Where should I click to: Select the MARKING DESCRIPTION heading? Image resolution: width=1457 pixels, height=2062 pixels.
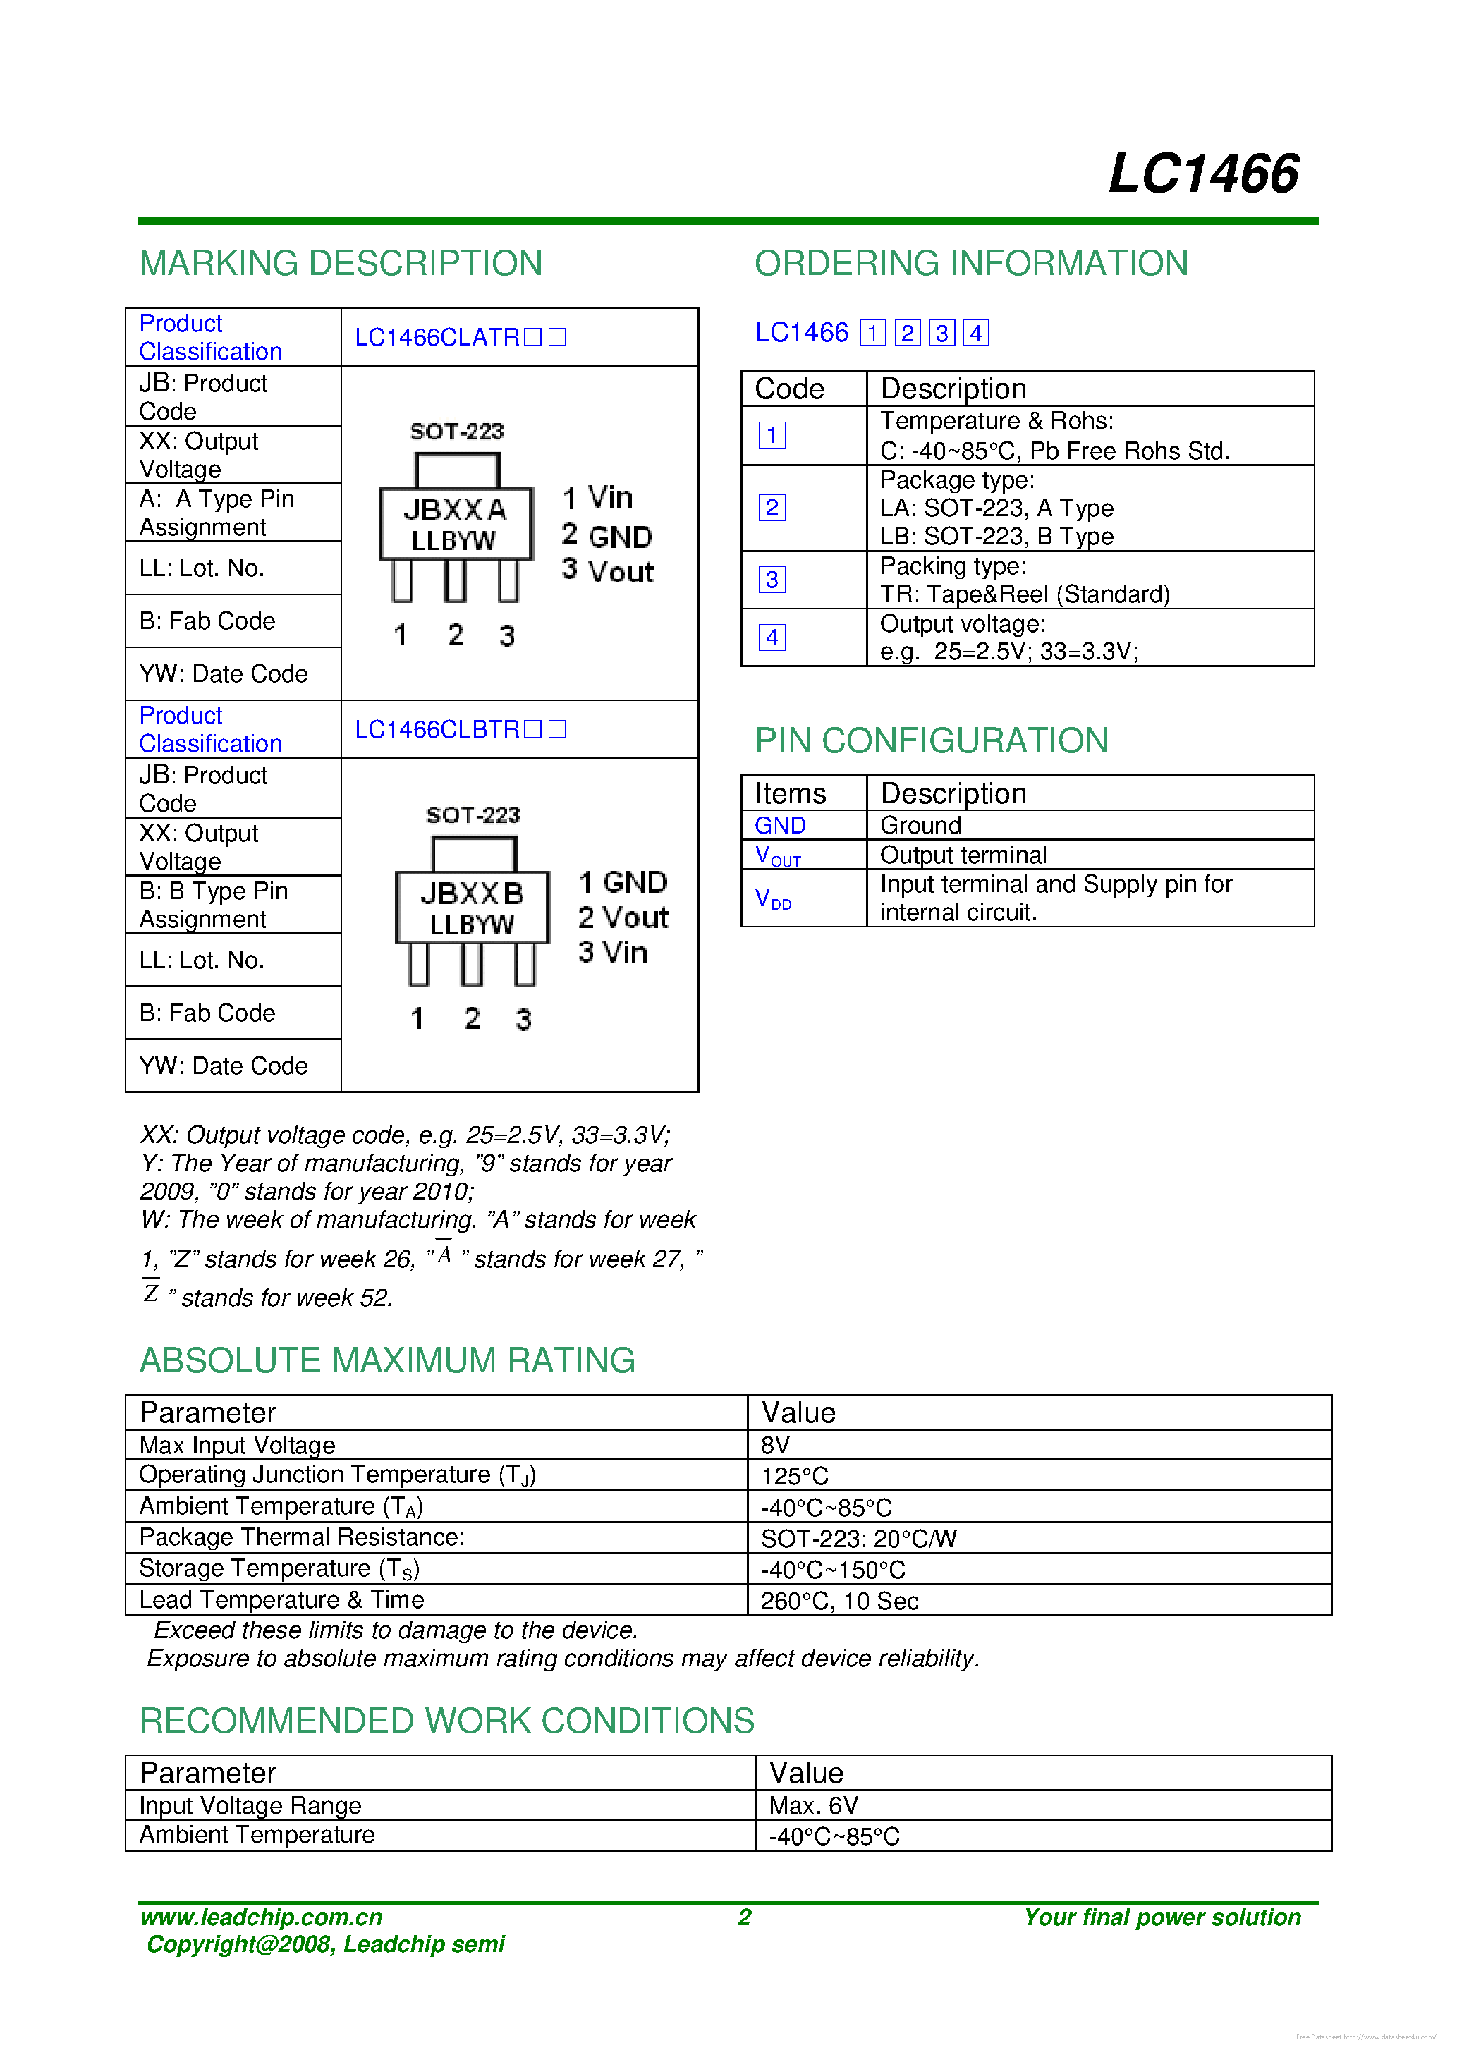point(341,263)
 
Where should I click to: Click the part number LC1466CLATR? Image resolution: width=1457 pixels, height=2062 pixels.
point(437,337)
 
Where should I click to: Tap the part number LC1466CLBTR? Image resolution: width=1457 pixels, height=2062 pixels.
point(437,729)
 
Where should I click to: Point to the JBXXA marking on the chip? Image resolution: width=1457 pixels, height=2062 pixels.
point(455,510)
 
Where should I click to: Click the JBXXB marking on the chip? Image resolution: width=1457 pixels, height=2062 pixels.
point(472,893)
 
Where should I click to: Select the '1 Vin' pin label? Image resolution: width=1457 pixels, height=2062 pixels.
point(597,498)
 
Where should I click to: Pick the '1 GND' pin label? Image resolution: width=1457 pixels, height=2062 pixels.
point(623,882)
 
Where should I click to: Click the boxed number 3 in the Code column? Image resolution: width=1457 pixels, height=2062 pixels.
point(772,579)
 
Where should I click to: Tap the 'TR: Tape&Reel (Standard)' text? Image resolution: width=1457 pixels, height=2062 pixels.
point(1024,594)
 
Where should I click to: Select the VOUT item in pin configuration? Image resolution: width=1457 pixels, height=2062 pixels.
point(777,855)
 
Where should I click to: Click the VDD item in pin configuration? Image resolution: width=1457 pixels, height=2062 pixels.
point(772,899)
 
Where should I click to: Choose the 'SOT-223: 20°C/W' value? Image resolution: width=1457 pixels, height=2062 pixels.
point(858,1539)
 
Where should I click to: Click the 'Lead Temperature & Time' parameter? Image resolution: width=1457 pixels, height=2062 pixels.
point(281,1599)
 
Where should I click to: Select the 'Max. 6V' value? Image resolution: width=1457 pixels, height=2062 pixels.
point(813,1805)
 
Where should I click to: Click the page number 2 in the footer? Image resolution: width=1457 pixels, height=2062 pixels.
point(744,1917)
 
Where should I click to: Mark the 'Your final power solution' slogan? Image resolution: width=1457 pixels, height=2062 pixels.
point(1162,1917)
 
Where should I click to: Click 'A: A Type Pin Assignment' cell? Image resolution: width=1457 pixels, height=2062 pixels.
point(217,513)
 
